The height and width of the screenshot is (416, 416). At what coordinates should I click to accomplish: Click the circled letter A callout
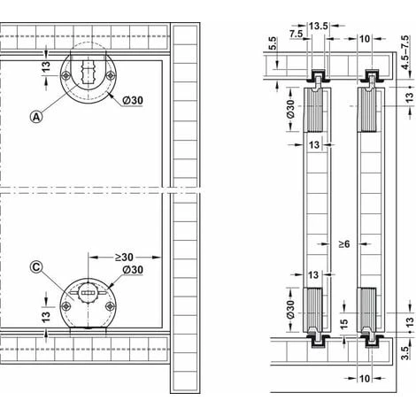[36, 117]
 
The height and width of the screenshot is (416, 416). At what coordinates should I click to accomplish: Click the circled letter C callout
[36, 267]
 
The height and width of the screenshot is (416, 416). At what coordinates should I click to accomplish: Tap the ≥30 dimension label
[124, 258]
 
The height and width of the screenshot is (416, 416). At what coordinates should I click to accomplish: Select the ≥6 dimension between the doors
[343, 244]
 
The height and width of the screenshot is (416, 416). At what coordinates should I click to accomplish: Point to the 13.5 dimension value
[319, 26]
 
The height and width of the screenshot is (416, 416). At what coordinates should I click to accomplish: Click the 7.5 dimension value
[296, 34]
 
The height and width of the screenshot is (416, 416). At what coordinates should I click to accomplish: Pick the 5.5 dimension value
[273, 43]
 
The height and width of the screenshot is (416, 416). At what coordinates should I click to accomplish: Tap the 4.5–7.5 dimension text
[406, 52]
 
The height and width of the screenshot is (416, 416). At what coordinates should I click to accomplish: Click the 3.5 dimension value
[406, 353]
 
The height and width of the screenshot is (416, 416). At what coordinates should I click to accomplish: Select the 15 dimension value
[344, 323]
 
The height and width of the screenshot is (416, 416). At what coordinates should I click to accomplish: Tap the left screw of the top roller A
[65, 76]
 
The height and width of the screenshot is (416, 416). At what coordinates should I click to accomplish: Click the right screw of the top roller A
[111, 76]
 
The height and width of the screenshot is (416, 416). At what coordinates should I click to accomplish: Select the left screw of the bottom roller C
[65, 306]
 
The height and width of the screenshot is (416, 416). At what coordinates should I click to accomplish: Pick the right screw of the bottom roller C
[111, 306]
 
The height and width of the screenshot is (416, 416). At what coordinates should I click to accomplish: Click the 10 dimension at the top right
[365, 39]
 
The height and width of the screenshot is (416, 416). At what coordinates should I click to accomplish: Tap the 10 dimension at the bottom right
[365, 378]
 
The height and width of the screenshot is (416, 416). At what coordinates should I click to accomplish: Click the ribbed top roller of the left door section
[313, 110]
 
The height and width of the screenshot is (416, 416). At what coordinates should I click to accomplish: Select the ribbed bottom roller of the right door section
[366, 310]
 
